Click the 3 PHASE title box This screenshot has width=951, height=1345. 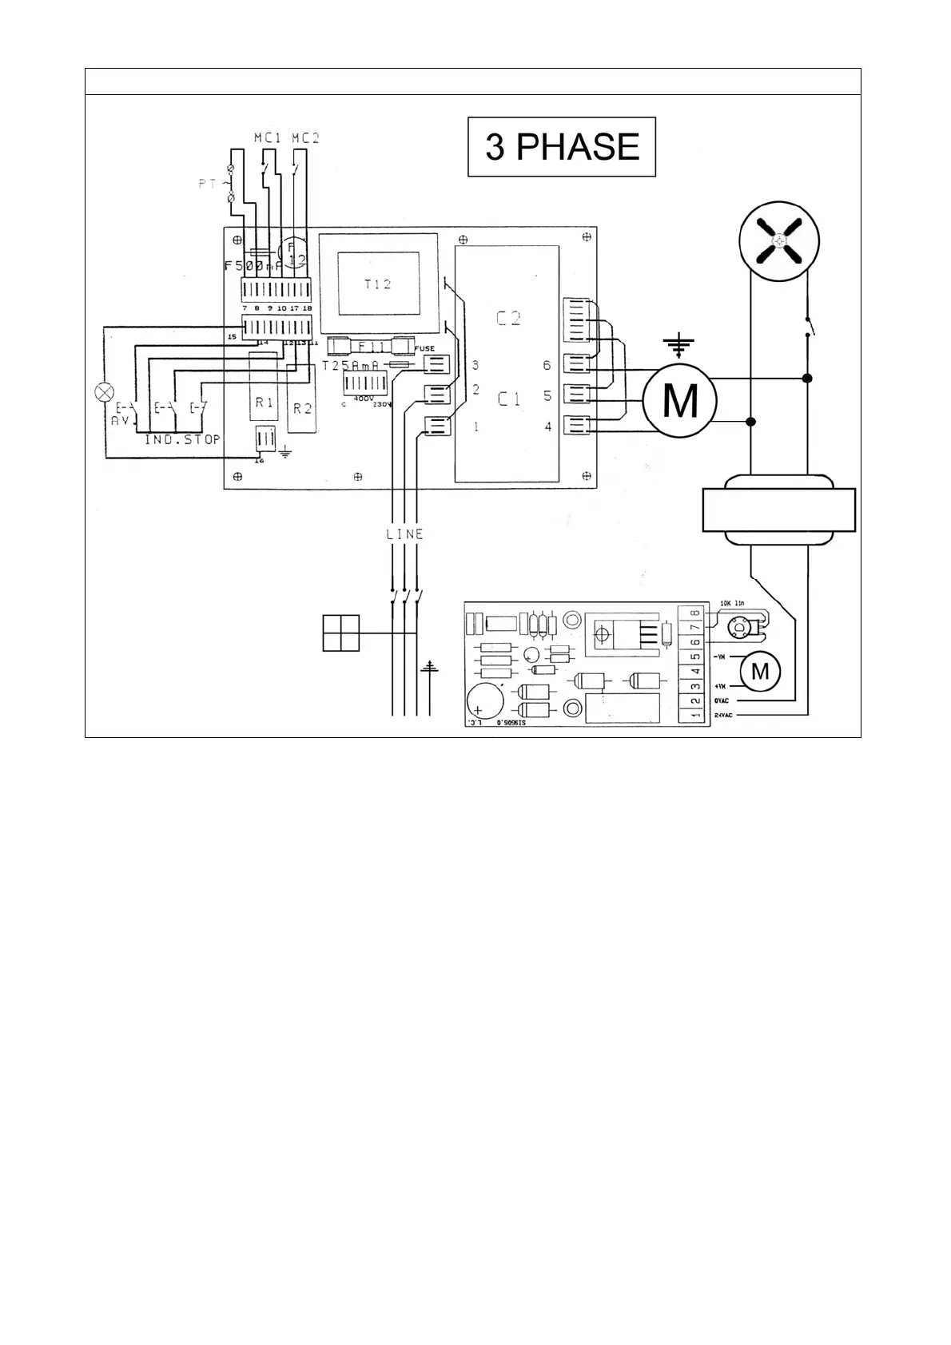pos(561,147)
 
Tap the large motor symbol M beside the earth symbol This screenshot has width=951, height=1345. pos(680,400)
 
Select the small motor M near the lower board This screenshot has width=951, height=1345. pos(760,672)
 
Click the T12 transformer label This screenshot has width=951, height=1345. pos(378,284)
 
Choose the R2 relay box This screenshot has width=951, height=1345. pos(302,407)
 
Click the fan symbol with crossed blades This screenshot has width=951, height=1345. pos(779,242)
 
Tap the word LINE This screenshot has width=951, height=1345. pos(404,534)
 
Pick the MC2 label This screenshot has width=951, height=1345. pos(305,138)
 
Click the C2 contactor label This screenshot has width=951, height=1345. pos(509,319)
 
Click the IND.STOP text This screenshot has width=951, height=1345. pos(182,440)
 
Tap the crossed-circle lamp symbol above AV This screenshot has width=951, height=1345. pos(104,392)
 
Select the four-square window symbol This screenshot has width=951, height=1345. pos(341,633)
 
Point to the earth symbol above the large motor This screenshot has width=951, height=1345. pos(678,345)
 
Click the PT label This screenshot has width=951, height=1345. pos(208,184)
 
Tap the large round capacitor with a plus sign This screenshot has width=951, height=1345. pos(484,700)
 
